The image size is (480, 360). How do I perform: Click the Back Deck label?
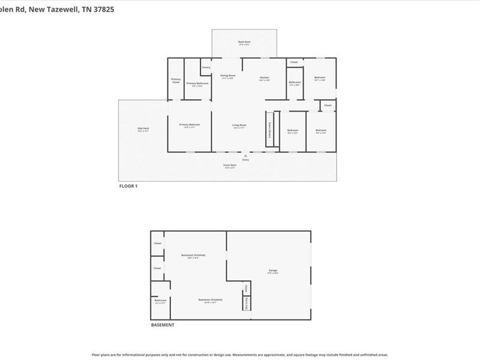[244, 42]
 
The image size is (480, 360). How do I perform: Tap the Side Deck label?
[143, 128]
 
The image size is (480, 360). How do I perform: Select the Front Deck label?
[230, 165]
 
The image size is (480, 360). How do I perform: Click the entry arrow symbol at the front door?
[245, 156]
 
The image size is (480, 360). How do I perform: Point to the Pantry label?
[206, 67]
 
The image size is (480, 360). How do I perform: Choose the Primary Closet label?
[176, 80]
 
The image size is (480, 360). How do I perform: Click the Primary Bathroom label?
[197, 83]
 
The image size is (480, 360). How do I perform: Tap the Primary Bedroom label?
[190, 125]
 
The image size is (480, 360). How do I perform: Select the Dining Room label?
[228, 76]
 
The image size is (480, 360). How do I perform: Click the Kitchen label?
[265, 77]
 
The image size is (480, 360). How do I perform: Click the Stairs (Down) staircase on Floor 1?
[270, 128]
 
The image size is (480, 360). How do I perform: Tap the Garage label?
[273, 271]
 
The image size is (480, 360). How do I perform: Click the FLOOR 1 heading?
[128, 186]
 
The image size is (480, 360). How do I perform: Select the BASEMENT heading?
[162, 325]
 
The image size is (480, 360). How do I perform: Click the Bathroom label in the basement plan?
[160, 301]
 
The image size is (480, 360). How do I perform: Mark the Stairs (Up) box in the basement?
[246, 304]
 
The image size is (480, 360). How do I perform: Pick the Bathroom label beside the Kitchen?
[295, 82]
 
